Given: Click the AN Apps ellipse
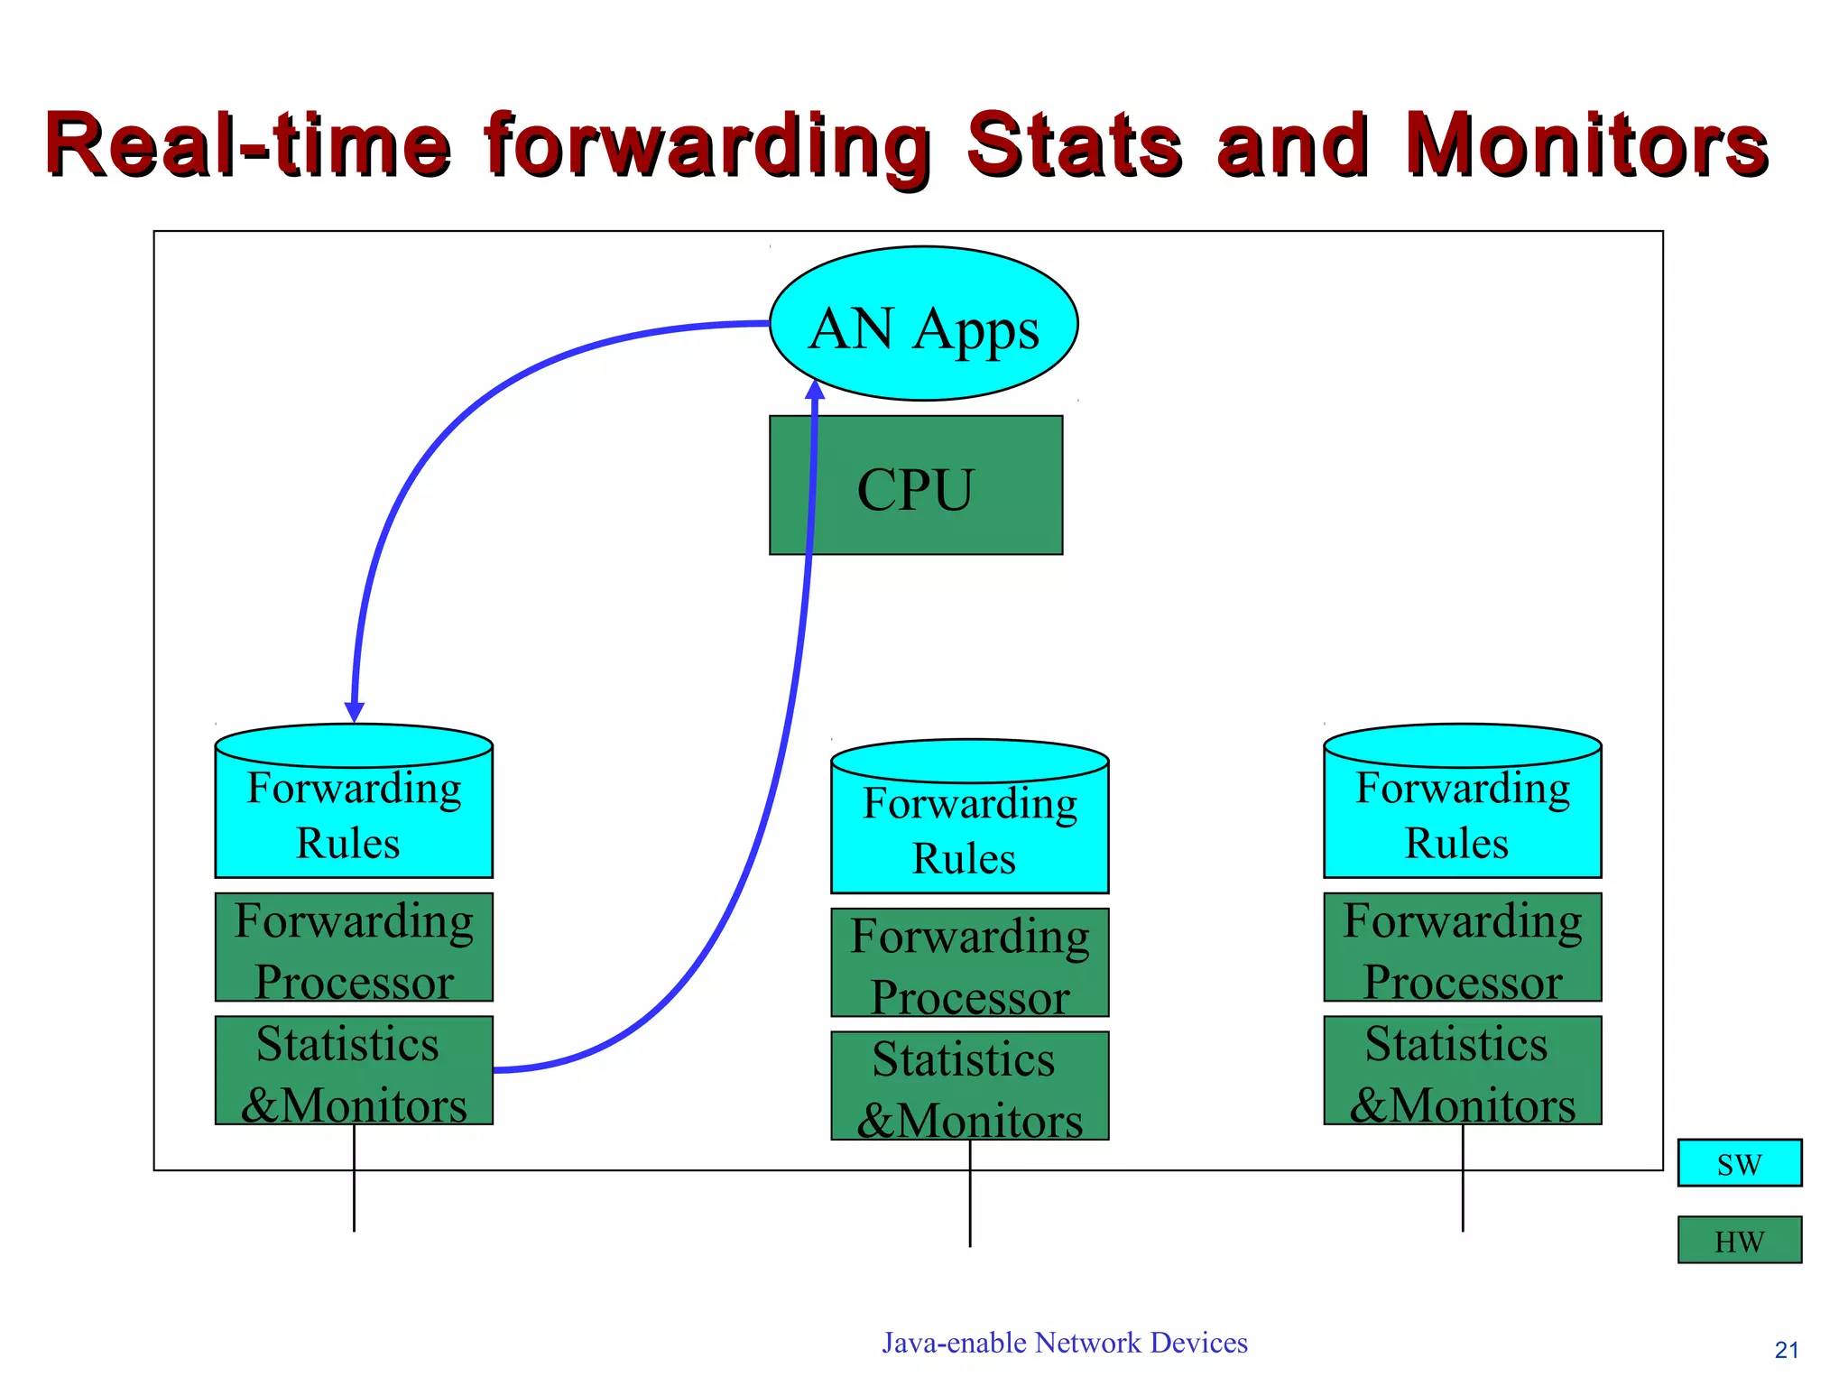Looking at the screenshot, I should click(923, 324).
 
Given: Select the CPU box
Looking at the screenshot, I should click(915, 485).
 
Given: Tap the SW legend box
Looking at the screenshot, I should click(1739, 1163).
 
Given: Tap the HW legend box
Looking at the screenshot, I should click(1739, 1241).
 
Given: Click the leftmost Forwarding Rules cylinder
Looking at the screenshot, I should click(354, 803).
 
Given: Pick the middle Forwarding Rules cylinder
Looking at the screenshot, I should click(969, 818).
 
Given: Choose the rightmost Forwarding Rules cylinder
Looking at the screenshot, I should click(1462, 803).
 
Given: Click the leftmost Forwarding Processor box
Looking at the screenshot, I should click(354, 947).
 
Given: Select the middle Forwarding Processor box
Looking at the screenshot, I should click(969, 963).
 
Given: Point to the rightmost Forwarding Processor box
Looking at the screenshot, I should click(1462, 947).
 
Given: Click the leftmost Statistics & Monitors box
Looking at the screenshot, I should click(354, 1071).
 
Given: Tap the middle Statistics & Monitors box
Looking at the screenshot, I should click(969, 1086).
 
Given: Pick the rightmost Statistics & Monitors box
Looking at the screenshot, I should click(1462, 1071).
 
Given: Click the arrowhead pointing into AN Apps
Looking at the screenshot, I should click(815, 390).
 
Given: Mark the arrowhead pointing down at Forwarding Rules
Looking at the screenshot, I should click(355, 712).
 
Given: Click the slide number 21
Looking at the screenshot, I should click(1786, 1350).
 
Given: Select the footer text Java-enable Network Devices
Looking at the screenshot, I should click(1064, 1343).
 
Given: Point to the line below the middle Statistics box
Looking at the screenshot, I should click(970, 1193).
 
